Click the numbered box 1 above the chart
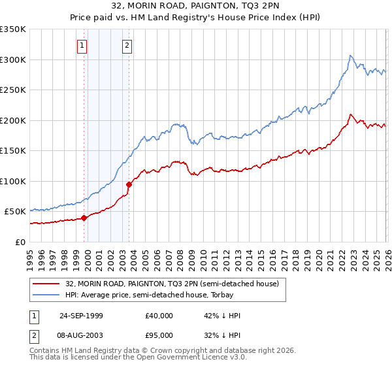pos(82,45)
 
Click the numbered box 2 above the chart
pos(127,45)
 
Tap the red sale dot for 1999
pos(84,218)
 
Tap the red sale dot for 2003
pos(129,184)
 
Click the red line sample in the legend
pos(46,284)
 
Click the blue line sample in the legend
pos(46,295)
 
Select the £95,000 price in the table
pos(159,336)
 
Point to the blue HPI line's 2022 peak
pos(351,56)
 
